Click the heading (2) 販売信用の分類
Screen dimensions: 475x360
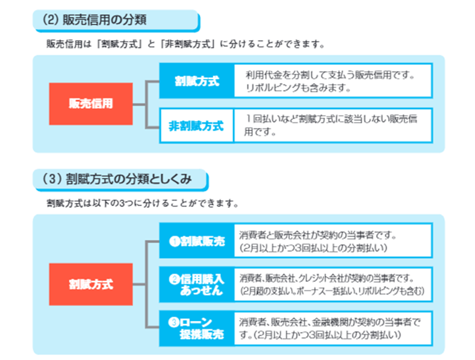(x=94, y=20)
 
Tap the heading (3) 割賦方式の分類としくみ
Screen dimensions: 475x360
(x=117, y=179)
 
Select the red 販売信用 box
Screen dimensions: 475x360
(x=91, y=104)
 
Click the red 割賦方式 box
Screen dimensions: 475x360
(x=91, y=284)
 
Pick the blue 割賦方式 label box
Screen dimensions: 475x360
(x=197, y=80)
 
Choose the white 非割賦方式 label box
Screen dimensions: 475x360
(x=197, y=126)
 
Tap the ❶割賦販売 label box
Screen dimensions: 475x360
(x=197, y=241)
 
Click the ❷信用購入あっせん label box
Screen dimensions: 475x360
(x=197, y=284)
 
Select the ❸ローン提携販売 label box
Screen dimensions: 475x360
(x=197, y=328)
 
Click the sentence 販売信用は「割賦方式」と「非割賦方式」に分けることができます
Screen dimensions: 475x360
(x=185, y=44)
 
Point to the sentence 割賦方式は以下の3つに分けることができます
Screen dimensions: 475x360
(x=142, y=203)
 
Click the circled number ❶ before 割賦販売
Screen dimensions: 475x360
(x=175, y=241)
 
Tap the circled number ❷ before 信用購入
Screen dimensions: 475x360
(x=175, y=279)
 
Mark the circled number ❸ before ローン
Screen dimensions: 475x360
(x=174, y=322)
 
